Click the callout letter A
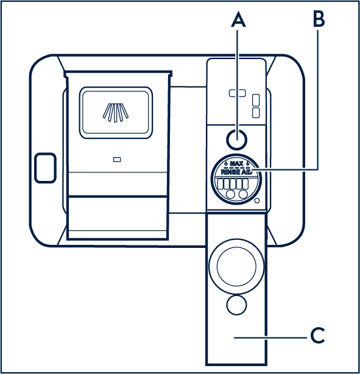click(238, 20)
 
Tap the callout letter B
click(319, 19)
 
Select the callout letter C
click(317, 336)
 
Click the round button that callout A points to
click(236, 139)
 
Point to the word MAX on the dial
click(237, 164)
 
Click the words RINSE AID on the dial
click(236, 172)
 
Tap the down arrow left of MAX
click(226, 163)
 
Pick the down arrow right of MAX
click(248, 163)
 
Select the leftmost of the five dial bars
click(221, 184)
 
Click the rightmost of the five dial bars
click(245, 184)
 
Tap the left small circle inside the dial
click(230, 194)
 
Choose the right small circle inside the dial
click(243, 194)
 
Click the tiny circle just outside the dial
click(257, 200)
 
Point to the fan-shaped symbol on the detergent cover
click(116, 113)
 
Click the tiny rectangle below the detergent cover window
click(117, 160)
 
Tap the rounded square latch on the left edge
click(45, 168)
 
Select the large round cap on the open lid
click(236, 266)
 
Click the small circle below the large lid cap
click(236, 305)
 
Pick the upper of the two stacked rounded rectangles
click(256, 100)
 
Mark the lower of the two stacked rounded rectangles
click(256, 113)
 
